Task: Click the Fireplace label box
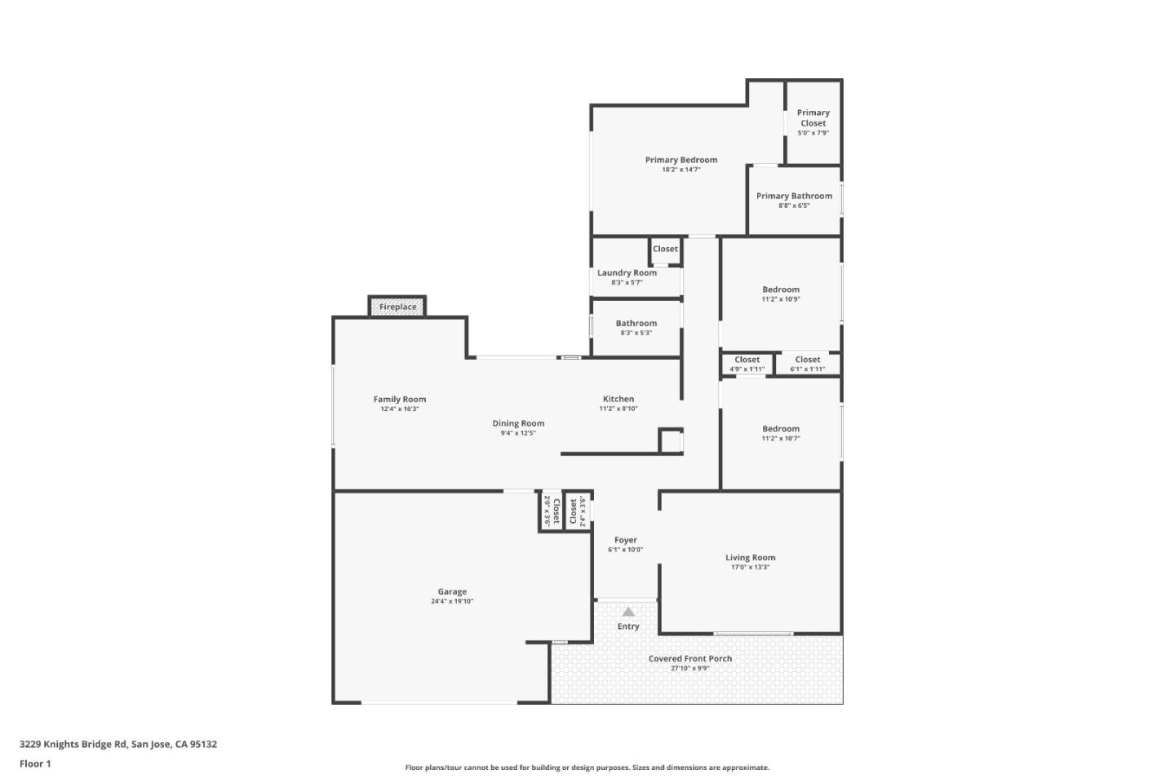[x=397, y=307]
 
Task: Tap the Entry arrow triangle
[x=628, y=612]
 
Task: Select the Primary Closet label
[x=813, y=118]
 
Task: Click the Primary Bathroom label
[x=794, y=196]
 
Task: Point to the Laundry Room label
[x=627, y=272]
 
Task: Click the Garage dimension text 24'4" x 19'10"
[x=452, y=602]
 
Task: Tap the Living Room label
[x=750, y=558]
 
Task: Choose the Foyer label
[x=626, y=540]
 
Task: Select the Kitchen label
[x=619, y=399]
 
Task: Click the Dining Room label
[x=518, y=423]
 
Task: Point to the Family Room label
[x=400, y=399]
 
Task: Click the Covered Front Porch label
[x=690, y=658]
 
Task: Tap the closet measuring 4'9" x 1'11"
[x=747, y=364]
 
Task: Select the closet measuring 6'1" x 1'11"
[x=808, y=364]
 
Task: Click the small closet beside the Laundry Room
[x=665, y=250]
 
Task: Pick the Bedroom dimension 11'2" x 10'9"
[x=781, y=299]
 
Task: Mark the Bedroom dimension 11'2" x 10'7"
[x=781, y=439]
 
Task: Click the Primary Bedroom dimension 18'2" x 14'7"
[x=681, y=170]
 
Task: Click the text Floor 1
[x=35, y=764]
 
